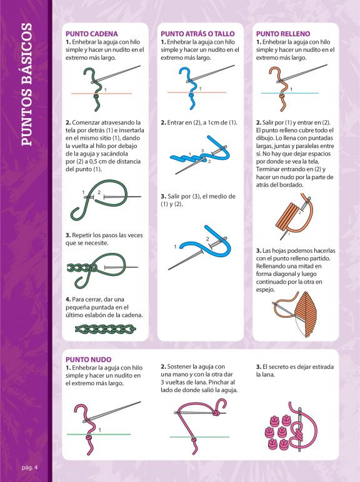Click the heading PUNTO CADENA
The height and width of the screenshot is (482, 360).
[92, 34]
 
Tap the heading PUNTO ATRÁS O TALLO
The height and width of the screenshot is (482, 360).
[197, 34]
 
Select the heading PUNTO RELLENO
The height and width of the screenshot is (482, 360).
[283, 34]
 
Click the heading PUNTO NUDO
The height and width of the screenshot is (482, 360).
[89, 360]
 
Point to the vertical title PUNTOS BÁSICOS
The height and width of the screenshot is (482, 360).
[26, 84]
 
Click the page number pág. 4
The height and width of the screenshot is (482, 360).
[29, 468]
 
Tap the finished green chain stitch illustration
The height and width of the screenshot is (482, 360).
[106, 329]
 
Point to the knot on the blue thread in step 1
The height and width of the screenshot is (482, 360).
[192, 96]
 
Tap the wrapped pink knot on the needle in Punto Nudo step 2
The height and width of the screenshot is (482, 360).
[216, 412]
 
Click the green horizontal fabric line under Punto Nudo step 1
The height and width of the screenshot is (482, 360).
[99, 435]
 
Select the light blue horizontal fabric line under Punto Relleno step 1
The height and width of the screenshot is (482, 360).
[290, 93]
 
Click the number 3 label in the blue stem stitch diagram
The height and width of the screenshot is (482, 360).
[202, 150]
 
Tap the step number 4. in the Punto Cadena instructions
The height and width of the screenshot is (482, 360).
[68, 299]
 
